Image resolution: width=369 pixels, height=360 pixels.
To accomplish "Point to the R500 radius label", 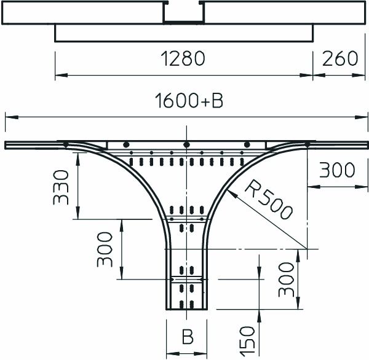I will [x=266, y=199].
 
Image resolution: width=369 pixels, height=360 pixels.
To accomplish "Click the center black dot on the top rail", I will [x=185, y=144].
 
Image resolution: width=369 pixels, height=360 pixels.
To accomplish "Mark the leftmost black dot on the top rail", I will [x=65, y=144].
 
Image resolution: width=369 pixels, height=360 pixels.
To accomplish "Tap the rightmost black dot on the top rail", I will [x=306, y=144].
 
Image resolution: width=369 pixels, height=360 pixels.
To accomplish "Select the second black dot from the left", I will [x=125, y=144].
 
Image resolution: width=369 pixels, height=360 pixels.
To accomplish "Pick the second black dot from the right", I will [x=247, y=144].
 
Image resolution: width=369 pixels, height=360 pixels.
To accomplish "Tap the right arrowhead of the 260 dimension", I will [x=360, y=76].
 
